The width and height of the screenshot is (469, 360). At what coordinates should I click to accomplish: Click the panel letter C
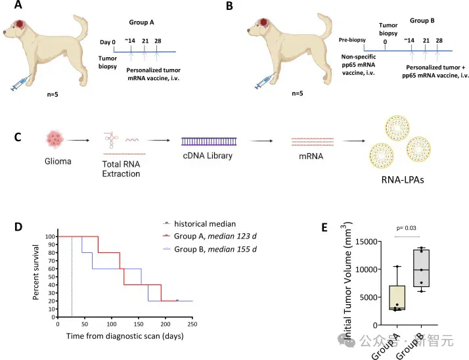pos(18,137)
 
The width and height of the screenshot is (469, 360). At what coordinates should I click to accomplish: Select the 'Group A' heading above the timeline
pos(141,22)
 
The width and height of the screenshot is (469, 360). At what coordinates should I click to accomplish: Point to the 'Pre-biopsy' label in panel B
pos(352,40)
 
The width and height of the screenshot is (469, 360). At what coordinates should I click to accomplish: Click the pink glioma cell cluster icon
pos(55,139)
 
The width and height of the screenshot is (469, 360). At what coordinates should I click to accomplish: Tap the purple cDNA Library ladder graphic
pos(209,141)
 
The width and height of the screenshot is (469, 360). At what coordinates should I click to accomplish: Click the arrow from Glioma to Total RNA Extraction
pos(78,141)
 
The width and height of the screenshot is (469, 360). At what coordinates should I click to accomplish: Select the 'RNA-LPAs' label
pos(403,179)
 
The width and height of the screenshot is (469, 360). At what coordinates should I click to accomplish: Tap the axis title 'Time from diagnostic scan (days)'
pos(125,336)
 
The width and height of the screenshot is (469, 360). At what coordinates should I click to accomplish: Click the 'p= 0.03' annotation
pos(406,228)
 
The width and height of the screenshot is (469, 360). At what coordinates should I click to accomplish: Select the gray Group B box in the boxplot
pos(422,268)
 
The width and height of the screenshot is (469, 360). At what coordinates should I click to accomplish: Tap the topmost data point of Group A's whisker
pos(397,266)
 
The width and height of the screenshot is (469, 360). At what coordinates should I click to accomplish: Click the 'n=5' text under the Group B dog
pos(298,93)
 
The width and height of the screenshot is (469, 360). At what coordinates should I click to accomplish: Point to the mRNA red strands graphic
pos(313,142)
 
